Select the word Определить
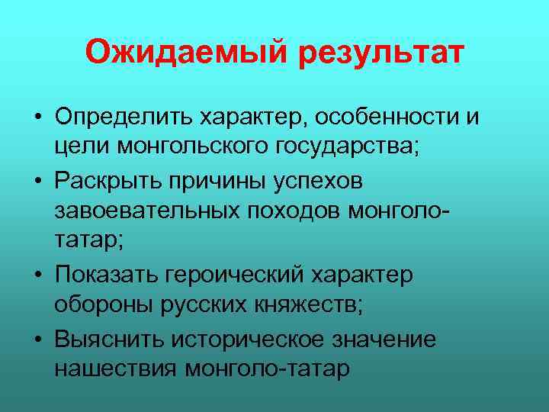tap(121, 118)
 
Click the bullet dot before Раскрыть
tap(37, 182)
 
